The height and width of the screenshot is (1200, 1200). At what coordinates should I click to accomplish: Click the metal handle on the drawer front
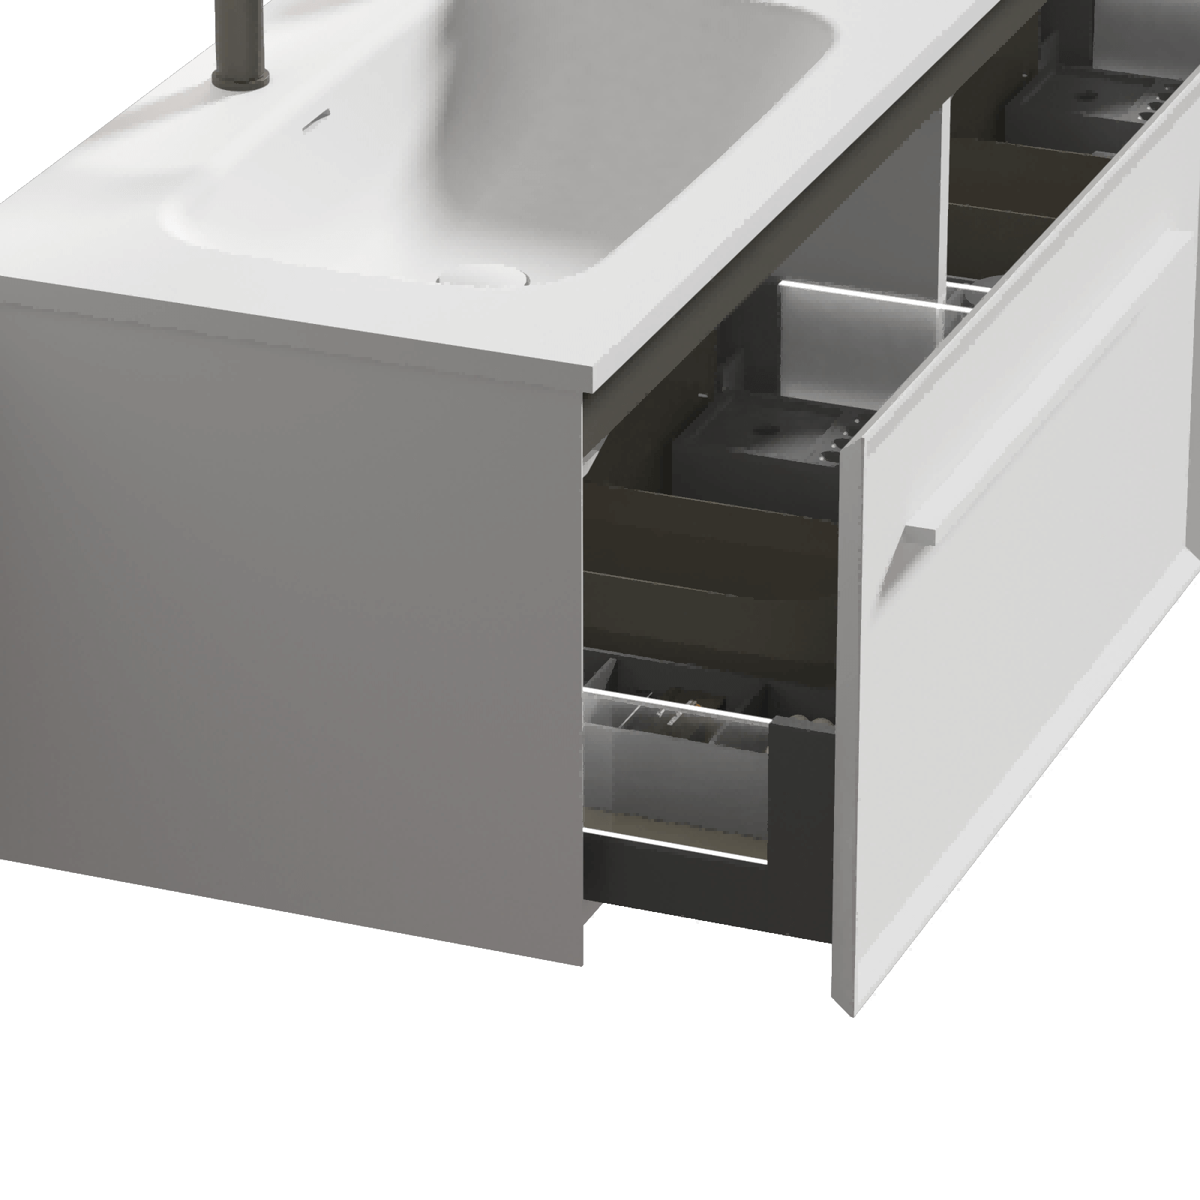(x=908, y=555)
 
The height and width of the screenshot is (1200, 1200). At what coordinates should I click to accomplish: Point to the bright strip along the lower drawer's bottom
(x=675, y=844)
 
